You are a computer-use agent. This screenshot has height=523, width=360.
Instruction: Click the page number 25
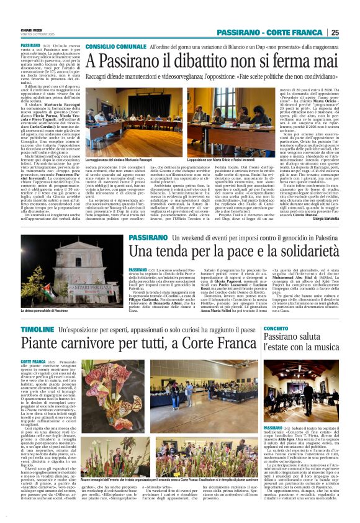click(351, 32)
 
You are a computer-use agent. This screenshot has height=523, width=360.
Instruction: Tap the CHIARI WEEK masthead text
click(31, 29)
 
